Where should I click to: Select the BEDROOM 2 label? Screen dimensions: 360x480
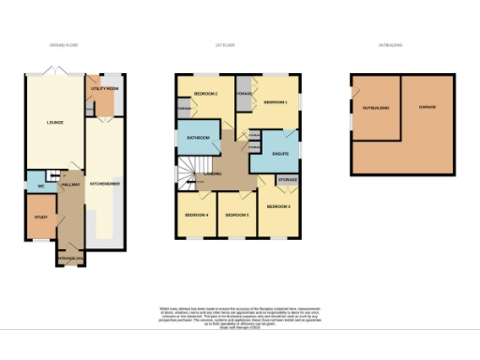point(205,94)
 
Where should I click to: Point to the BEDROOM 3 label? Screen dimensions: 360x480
point(278,205)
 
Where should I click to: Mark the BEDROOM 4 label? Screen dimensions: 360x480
point(194,215)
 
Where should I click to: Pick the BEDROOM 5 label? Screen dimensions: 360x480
point(235,215)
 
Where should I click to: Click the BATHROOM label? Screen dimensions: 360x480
point(197,138)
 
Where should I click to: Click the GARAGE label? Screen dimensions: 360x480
point(427,108)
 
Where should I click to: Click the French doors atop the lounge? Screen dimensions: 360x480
point(56,72)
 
